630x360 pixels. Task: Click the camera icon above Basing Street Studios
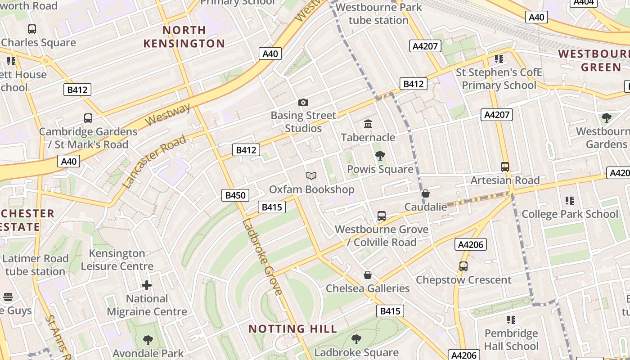303,103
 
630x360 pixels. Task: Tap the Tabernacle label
368,137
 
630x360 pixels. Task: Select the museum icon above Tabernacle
368,124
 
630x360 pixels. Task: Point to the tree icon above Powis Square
380,156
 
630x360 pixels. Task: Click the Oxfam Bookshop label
311,189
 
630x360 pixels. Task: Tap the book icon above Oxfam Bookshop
311,176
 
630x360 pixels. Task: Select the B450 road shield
235,195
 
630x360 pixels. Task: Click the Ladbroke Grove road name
262,257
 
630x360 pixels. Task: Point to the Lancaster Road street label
154,161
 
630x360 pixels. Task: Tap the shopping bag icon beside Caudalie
426,193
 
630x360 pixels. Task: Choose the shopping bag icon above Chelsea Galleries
368,275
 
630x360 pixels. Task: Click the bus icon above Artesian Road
505,167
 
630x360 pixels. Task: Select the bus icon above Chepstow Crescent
463,266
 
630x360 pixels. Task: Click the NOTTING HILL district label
292,329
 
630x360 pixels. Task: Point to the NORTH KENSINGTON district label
184,37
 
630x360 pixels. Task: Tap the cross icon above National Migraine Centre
147,285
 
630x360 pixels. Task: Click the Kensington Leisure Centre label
117,260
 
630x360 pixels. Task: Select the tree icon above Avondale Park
148,340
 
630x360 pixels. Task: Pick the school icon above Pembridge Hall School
511,320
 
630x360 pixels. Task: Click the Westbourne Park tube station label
378,13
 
